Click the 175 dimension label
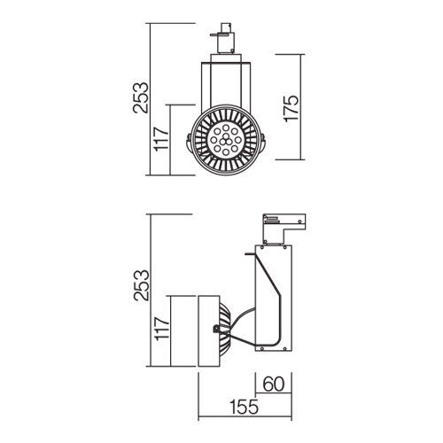point(291,108)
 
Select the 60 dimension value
point(274,384)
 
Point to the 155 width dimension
point(244,407)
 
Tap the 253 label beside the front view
point(140,97)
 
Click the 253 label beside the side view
point(141,285)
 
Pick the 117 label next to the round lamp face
point(162,139)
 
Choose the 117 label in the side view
point(162,329)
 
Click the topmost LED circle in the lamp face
point(226,128)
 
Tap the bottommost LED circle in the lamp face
point(226,152)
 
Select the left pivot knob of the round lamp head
point(189,141)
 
